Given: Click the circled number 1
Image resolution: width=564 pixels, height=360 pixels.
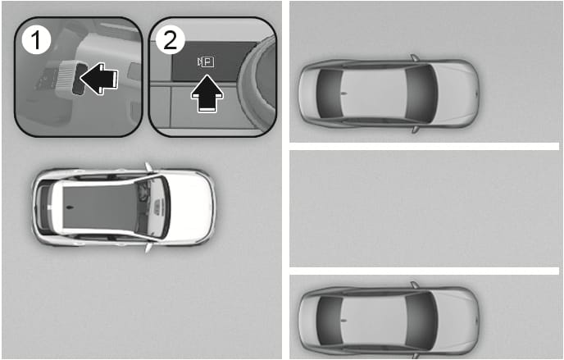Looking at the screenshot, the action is point(36,40).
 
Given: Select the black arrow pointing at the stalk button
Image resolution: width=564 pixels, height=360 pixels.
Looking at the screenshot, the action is point(99,79).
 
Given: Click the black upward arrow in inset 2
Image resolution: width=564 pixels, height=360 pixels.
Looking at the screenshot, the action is point(207,93).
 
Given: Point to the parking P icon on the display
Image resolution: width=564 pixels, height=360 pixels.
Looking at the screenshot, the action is point(206,62).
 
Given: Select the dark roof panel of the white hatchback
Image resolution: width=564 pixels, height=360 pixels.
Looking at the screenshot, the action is point(100,207).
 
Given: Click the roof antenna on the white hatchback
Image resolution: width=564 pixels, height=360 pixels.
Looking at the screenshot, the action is point(69,207).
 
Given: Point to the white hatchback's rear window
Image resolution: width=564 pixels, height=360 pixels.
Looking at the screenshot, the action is point(45,207).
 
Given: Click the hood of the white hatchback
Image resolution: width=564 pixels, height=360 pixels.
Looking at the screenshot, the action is point(190,207).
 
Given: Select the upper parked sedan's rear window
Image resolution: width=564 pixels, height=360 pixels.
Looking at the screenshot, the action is point(329,93).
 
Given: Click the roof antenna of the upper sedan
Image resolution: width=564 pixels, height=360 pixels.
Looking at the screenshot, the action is point(344,93).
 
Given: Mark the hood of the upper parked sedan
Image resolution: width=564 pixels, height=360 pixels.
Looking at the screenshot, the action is point(457,93).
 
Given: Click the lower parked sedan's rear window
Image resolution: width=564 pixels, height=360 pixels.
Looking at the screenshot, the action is point(329,320).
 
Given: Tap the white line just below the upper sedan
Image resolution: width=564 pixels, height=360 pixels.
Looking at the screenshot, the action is point(425,146).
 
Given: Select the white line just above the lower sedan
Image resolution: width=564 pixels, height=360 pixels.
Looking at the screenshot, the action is point(425,271).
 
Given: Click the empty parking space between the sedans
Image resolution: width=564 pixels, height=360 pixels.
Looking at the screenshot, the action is point(425,208).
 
